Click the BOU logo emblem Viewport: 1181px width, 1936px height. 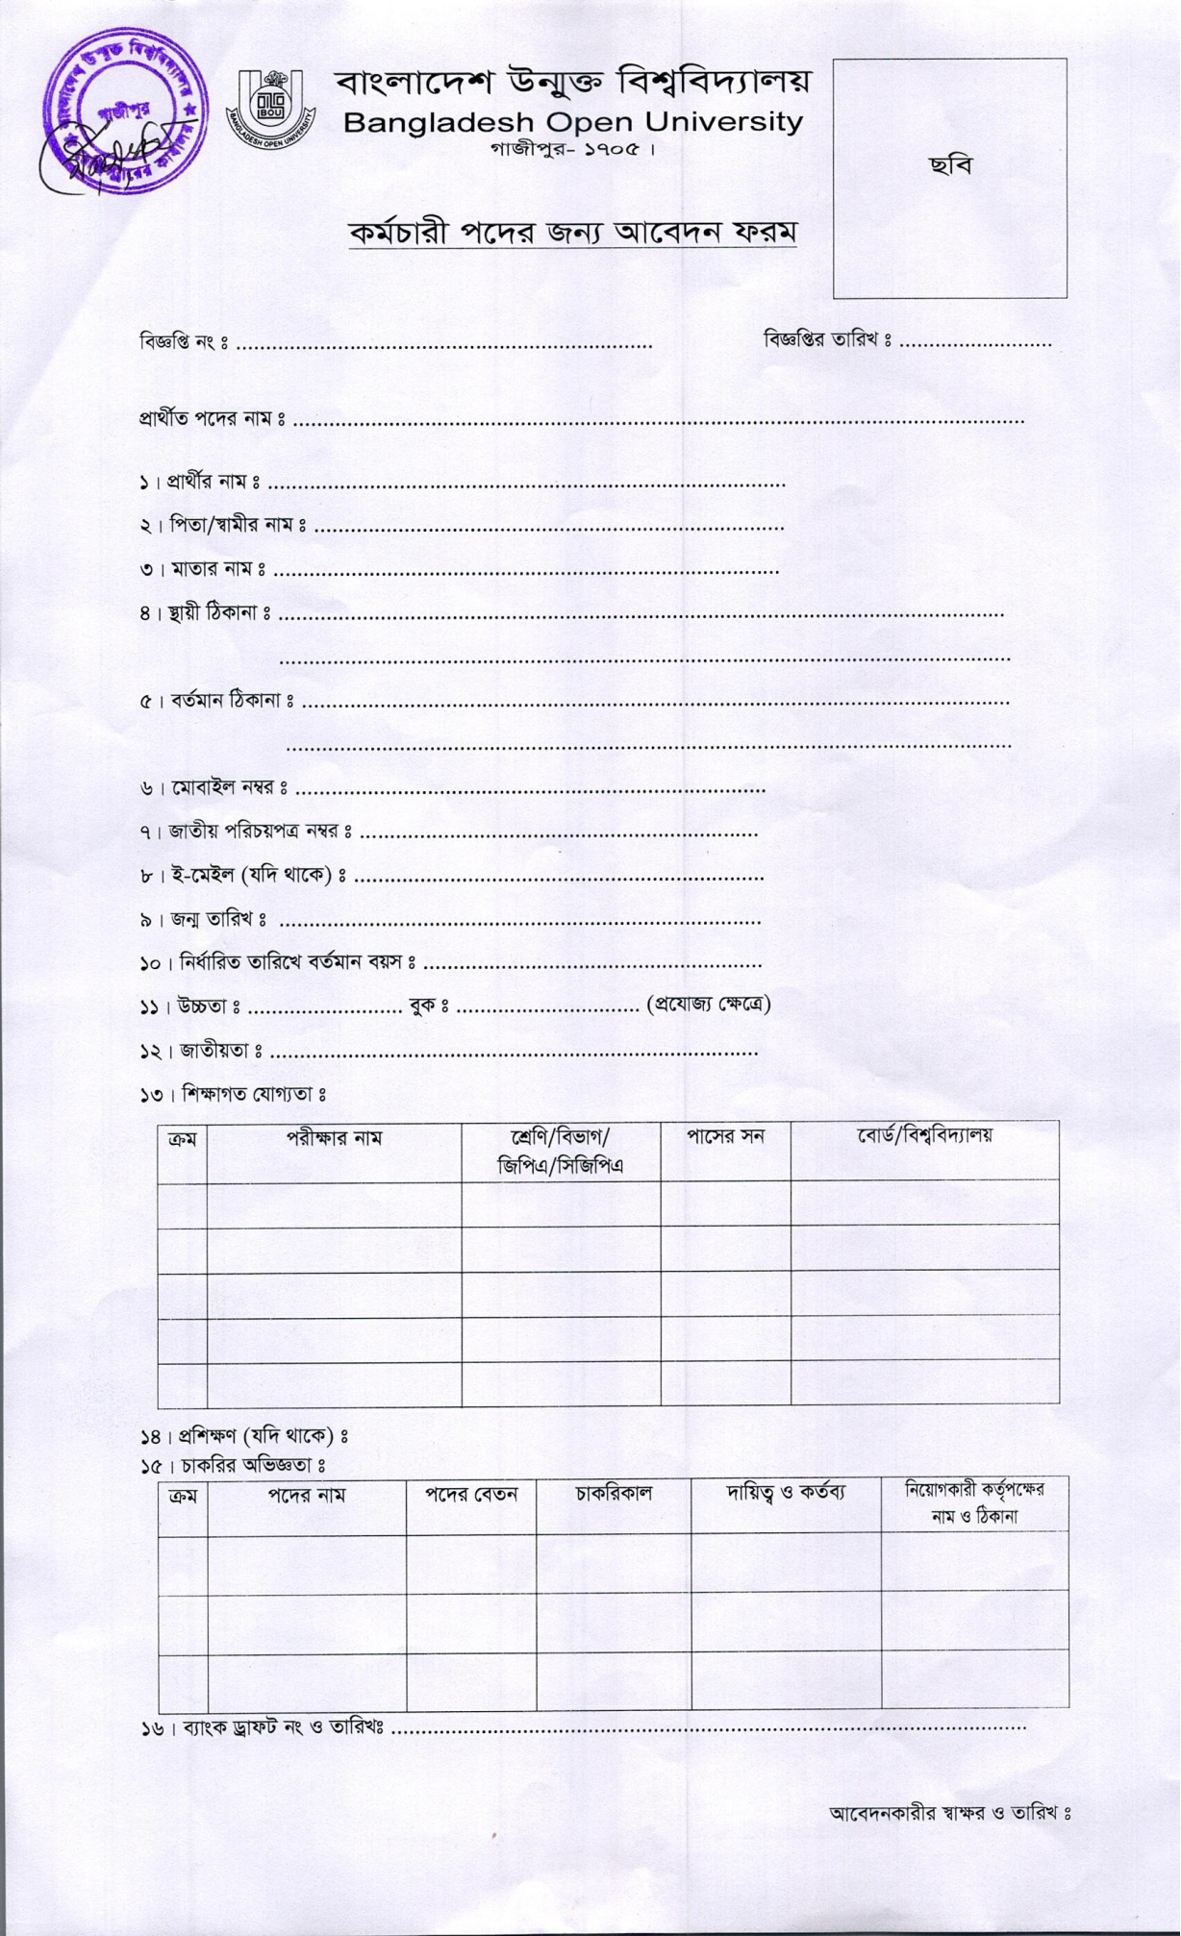click(270, 107)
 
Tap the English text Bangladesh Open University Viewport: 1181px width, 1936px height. click(572, 123)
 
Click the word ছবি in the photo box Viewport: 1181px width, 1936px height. click(950, 165)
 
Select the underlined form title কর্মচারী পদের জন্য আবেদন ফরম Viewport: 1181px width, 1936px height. click(573, 234)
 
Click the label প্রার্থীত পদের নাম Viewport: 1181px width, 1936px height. click(212, 419)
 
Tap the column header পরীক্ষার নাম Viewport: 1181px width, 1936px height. click(334, 1138)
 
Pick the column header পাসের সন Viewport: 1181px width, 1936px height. click(725, 1136)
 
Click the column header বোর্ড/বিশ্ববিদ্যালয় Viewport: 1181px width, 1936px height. click(924, 1135)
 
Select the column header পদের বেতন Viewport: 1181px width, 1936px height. click(471, 1495)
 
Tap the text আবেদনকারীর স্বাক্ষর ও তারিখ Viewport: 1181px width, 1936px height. click(950, 1813)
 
